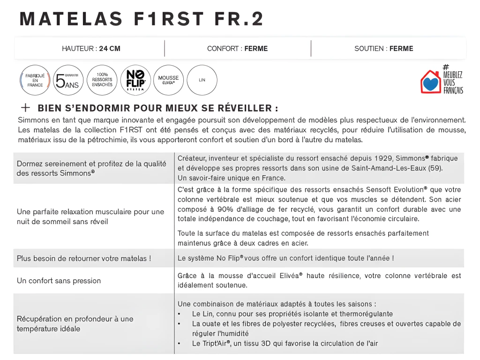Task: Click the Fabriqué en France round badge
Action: tap(35, 80)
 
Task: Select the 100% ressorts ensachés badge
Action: tap(102, 80)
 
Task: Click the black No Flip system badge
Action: tap(135, 80)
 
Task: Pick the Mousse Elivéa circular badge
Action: tap(169, 80)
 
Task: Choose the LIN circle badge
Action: tap(202, 80)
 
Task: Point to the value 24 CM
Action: tap(110, 49)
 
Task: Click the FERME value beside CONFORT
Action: tap(256, 49)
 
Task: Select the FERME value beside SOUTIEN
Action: tap(401, 49)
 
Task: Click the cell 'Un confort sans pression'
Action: tap(59, 281)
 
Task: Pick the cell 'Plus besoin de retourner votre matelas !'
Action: tap(84, 258)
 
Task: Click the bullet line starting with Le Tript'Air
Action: tap(285, 344)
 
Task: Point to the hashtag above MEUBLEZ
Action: tap(446, 67)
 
